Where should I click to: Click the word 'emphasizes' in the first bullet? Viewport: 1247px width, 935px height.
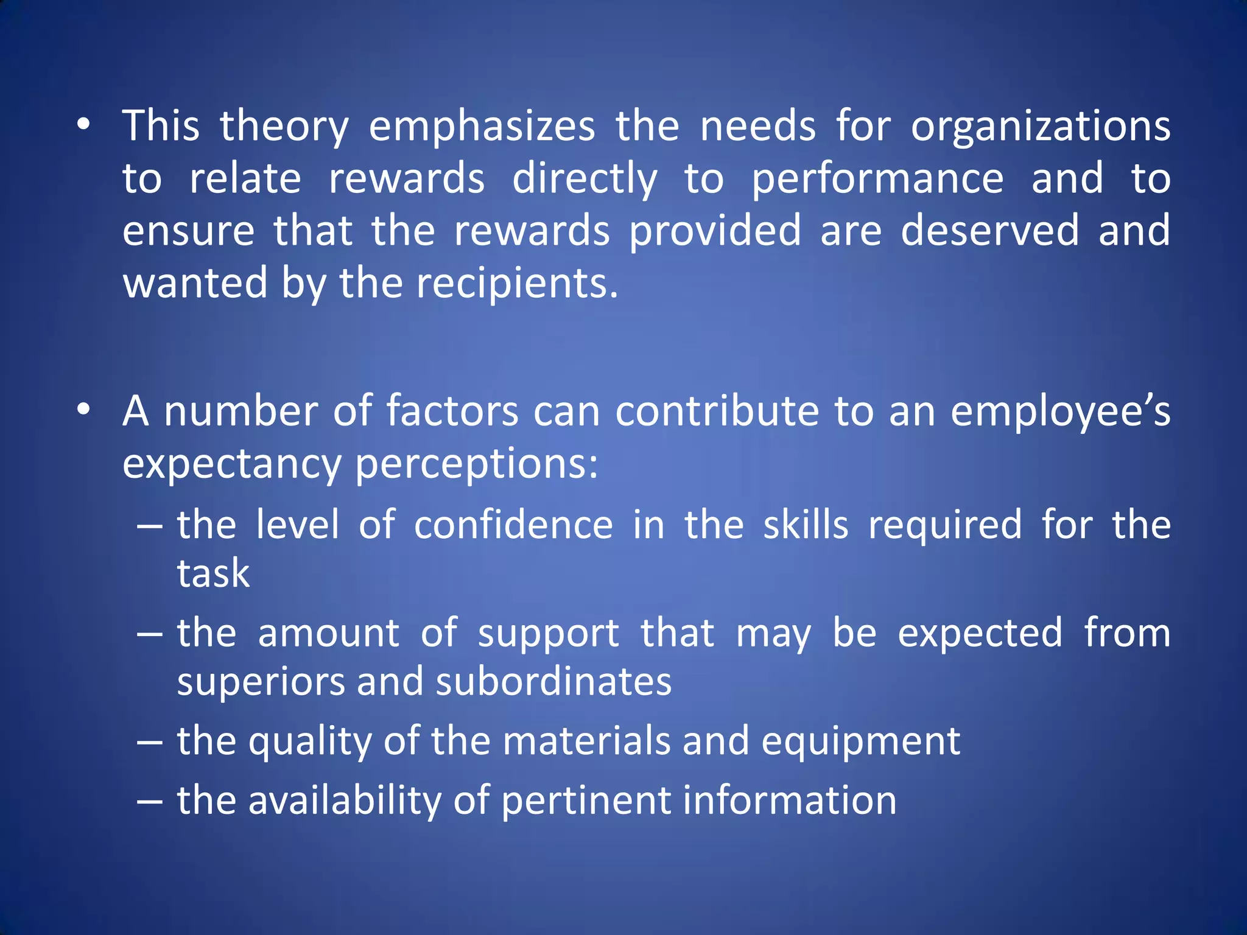(x=482, y=127)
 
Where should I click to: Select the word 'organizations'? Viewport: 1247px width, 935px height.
(x=1040, y=127)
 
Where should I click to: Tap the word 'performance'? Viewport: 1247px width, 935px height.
(x=877, y=179)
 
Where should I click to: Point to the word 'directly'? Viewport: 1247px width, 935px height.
(x=585, y=179)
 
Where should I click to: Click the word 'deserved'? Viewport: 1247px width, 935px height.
(x=989, y=231)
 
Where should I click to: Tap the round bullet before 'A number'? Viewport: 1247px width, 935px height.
(x=84, y=409)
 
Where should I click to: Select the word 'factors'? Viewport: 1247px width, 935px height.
(x=452, y=411)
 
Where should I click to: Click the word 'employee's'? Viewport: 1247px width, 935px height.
(x=1060, y=411)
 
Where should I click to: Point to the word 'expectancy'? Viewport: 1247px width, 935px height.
(x=231, y=464)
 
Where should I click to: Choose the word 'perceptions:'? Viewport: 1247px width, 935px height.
(x=477, y=464)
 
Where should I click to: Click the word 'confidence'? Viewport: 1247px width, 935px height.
(x=513, y=525)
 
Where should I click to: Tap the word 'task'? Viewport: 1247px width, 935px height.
(x=213, y=573)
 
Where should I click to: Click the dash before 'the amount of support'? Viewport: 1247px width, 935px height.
(x=150, y=634)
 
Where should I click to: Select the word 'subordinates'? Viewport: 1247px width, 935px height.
(x=553, y=681)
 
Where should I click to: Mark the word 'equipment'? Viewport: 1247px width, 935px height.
(x=860, y=741)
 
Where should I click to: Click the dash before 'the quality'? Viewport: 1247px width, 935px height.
(x=150, y=742)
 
